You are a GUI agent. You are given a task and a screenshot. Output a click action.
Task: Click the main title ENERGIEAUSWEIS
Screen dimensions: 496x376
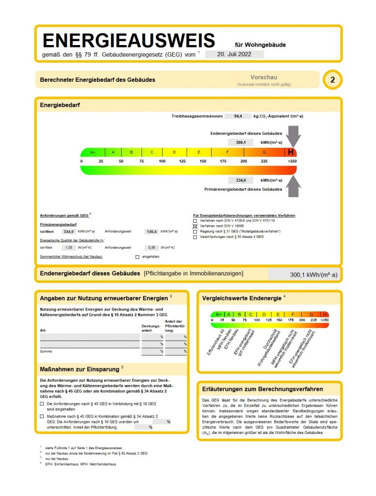pyautogui.click(x=128, y=41)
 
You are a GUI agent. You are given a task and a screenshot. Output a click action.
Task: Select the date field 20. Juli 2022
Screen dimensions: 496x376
pyautogui.click(x=234, y=54)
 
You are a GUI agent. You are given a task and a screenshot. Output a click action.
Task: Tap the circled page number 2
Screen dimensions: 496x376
pyautogui.click(x=332, y=80)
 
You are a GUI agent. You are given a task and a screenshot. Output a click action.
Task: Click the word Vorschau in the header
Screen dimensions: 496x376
pyautogui.click(x=264, y=77)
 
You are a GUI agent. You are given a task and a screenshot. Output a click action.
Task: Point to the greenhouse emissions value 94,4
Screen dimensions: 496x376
pyautogui.click(x=238, y=116)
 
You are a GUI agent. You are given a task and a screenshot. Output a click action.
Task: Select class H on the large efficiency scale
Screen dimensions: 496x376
pyautogui.click(x=291, y=152)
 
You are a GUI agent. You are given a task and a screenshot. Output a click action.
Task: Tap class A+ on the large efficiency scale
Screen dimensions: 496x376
pyautogui.click(x=93, y=152)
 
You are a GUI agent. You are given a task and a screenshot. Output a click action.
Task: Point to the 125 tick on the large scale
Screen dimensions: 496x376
pyautogui.click(x=182, y=161)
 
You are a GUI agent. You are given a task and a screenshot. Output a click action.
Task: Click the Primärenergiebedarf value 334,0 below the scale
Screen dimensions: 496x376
pyautogui.click(x=241, y=180)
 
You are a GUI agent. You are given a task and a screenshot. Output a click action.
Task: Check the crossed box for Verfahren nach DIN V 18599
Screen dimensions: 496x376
pyautogui.click(x=195, y=226)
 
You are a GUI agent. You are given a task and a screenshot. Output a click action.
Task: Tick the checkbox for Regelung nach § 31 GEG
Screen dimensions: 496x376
pyautogui.click(x=195, y=232)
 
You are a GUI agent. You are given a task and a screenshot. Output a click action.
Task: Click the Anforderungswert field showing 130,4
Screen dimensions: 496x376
pyautogui.click(x=152, y=232)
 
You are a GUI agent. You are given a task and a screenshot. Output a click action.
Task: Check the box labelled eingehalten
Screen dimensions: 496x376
pyautogui.click(x=137, y=256)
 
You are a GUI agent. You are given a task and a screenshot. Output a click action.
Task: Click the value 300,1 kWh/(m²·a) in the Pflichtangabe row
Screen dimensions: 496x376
pyautogui.click(x=313, y=275)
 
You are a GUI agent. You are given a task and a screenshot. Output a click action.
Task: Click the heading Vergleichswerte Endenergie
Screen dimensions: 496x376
pyautogui.click(x=241, y=298)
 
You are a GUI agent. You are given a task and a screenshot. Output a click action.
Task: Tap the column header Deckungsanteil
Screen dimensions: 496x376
pyautogui.click(x=151, y=328)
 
